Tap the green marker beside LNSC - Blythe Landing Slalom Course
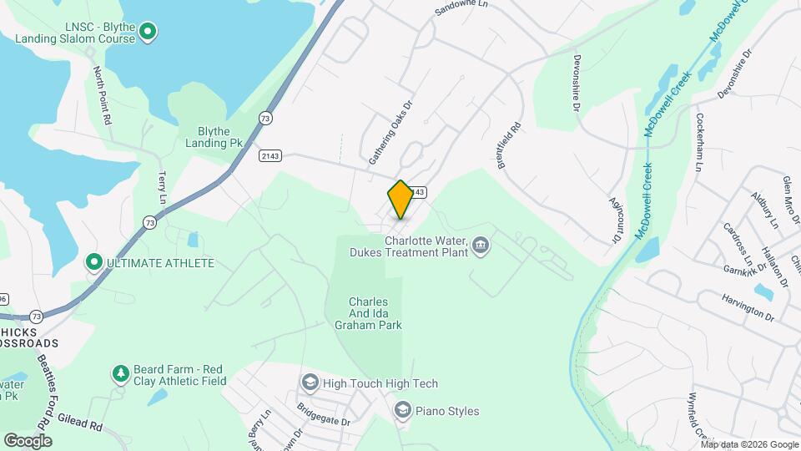click(x=148, y=33)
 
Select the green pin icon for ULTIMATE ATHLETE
click(x=94, y=263)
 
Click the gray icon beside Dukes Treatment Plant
click(x=480, y=246)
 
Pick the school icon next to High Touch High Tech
click(x=310, y=383)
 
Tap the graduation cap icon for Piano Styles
click(x=403, y=410)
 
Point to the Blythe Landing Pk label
click(x=214, y=137)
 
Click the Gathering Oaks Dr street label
click(x=391, y=134)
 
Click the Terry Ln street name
click(x=163, y=188)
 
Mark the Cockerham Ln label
click(x=699, y=142)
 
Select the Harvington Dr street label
click(x=747, y=306)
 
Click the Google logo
click(x=28, y=440)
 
